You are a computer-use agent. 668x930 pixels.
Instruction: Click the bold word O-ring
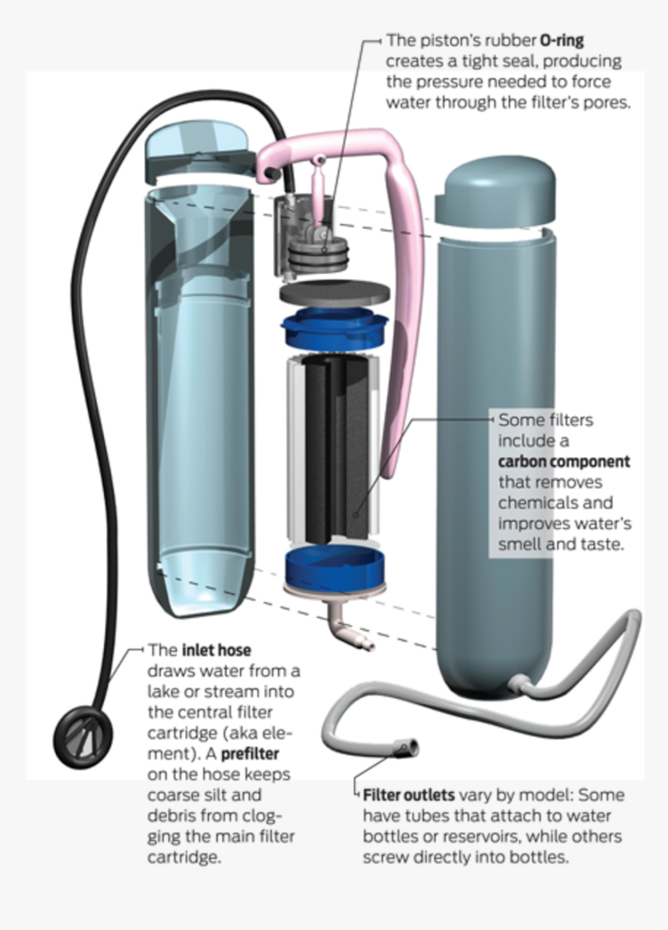(562, 40)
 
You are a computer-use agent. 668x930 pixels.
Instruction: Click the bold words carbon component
(564, 461)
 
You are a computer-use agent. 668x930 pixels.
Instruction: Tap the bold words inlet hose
(217, 650)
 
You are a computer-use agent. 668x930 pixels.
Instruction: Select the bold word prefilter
(250, 754)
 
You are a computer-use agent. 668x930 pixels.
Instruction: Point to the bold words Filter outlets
(409, 795)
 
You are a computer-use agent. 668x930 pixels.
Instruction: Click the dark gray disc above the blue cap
(335, 293)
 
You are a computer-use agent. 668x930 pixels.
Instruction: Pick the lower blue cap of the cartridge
(334, 566)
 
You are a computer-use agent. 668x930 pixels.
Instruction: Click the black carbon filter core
(336, 448)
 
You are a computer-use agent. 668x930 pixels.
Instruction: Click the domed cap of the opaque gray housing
(496, 193)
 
